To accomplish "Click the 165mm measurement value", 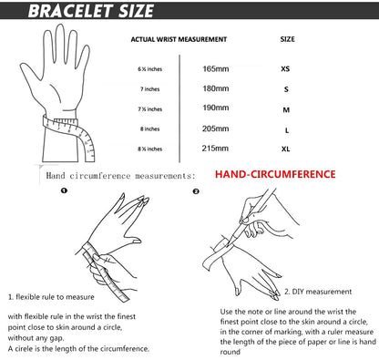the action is pyautogui.click(x=216, y=69).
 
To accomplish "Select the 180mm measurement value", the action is pyautogui.click(x=216, y=88).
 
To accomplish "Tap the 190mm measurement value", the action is pyautogui.click(x=216, y=108).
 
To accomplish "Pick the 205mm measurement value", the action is pyautogui.click(x=215, y=129).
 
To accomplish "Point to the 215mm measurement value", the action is pyautogui.click(x=215, y=149).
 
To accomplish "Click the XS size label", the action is pyautogui.click(x=285, y=69).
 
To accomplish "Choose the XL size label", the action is pyautogui.click(x=285, y=149).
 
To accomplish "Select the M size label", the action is pyautogui.click(x=286, y=109).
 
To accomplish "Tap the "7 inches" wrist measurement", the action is pyautogui.click(x=150, y=89).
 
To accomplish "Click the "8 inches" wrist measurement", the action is pyautogui.click(x=150, y=129).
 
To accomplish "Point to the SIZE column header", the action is pyautogui.click(x=287, y=39).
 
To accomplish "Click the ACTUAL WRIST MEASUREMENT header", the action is pyautogui.click(x=179, y=39).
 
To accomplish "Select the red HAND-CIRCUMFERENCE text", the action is pyautogui.click(x=275, y=174).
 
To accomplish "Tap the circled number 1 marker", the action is pyautogui.click(x=64, y=190).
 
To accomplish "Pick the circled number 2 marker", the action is pyautogui.click(x=196, y=191).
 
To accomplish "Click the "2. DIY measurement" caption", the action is pyautogui.click(x=318, y=292).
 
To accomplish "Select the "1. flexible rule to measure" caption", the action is pyautogui.click(x=51, y=297).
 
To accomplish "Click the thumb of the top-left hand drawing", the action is pyautogui.click(x=30, y=76).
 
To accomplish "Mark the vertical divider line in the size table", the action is pyautogui.click(x=179, y=108).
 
